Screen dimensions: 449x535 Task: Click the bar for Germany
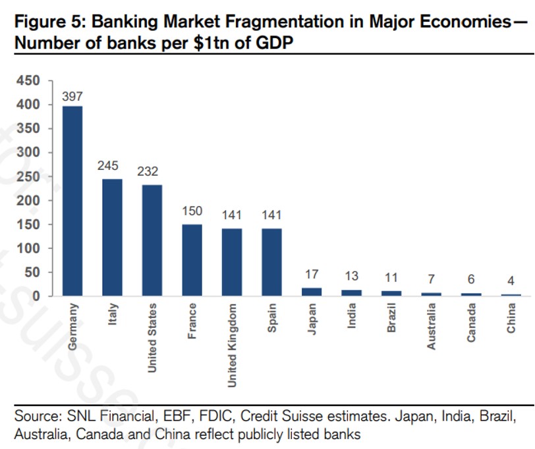pos(72,201)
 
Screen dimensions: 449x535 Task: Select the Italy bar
pos(112,237)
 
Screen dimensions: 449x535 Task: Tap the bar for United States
pos(152,240)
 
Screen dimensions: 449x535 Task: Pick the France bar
pos(192,260)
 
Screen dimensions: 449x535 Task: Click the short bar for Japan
pos(312,292)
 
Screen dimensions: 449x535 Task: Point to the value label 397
pos(72,97)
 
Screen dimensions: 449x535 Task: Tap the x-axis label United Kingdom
pos(232,345)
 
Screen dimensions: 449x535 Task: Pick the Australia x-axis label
pos(432,325)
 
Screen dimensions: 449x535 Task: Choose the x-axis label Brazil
pos(391,318)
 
